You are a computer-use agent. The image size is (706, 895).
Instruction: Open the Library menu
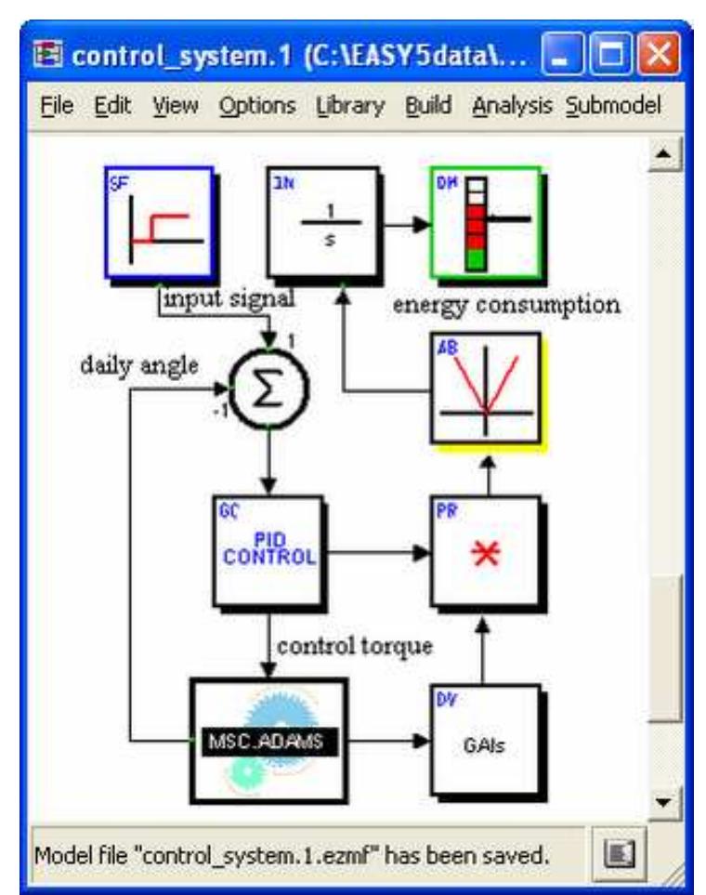pos(349,107)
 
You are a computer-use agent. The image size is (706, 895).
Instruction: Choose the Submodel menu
pos(614,107)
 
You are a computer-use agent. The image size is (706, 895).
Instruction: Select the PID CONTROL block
pos(268,548)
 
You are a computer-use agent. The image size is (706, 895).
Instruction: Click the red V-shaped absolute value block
pos(484,387)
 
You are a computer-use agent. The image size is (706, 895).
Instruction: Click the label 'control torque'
pos(355,645)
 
